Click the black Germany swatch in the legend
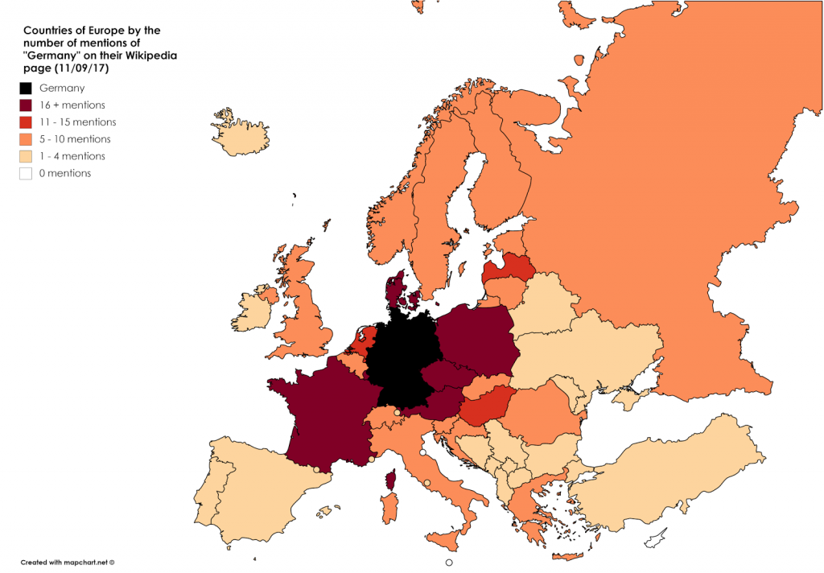pyautogui.click(x=26, y=89)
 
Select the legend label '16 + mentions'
pyautogui.click(x=72, y=105)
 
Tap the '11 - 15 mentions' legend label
pyautogui.click(x=77, y=122)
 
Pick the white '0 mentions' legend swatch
pyautogui.click(x=26, y=173)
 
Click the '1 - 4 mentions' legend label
pyautogui.click(x=72, y=156)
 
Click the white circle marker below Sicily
pyautogui.click(x=449, y=563)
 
